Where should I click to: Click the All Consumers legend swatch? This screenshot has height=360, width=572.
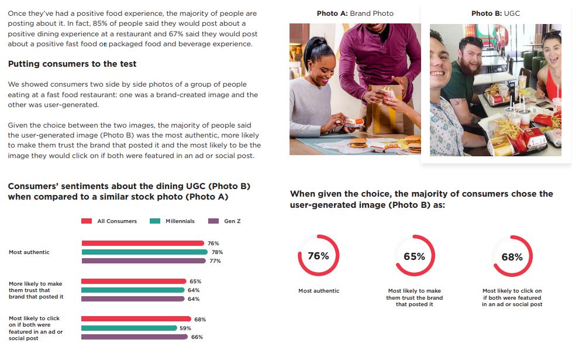click(87, 221)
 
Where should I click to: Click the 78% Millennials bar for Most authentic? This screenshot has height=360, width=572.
click(144, 252)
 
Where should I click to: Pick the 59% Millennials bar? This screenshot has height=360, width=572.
click(129, 328)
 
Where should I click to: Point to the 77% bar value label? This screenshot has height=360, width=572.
click(215, 261)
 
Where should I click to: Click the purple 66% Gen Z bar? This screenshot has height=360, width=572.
click(135, 337)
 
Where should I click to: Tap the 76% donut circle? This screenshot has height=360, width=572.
click(318, 256)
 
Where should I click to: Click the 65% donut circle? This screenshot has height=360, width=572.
click(414, 256)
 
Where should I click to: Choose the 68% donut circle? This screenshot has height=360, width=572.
click(512, 256)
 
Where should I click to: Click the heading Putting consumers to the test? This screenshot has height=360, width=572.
click(73, 64)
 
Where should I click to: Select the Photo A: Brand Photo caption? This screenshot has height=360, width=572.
click(355, 13)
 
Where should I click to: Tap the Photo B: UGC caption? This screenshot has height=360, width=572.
click(495, 13)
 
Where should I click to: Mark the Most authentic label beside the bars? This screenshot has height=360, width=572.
click(29, 252)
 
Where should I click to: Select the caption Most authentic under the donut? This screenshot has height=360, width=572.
click(318, 291)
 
